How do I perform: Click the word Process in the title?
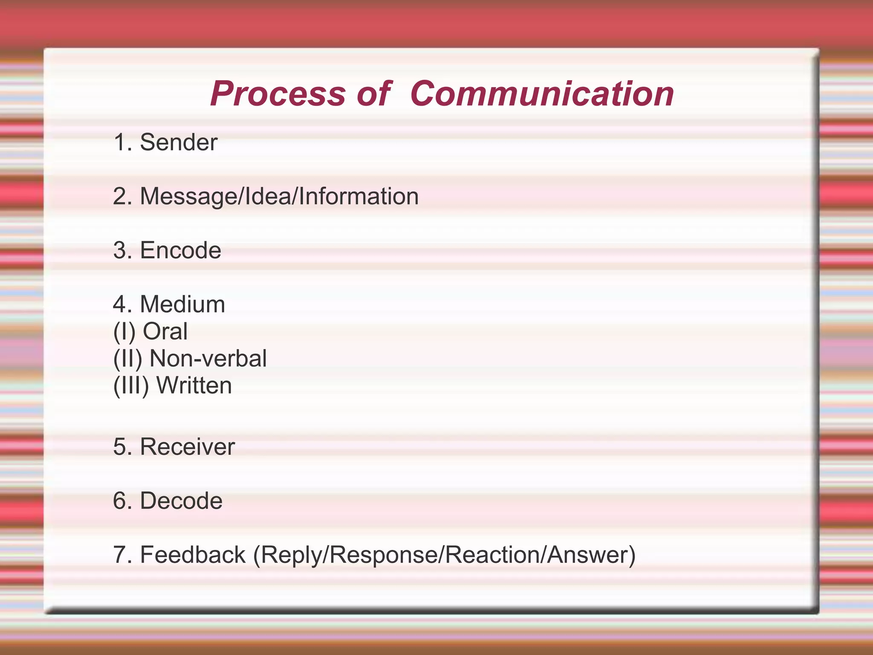pyautogui.click(x=278, y=94)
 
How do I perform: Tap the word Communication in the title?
pyautogui.click(x=542, y=94)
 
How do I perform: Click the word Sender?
pyautogui.click(x=179, y=142)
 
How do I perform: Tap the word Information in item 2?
pyautogui.click(x=358, y=197)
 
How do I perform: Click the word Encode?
pyautogui.click(x=180, y=250)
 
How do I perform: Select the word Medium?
pyautogui.click(x=182, y=304)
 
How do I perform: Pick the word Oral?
pyautogui.click(x=165, y=331)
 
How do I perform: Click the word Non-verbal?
pyautogui.click(x=208, y=359)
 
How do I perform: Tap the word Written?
pyautogui.click(x=194, y=385)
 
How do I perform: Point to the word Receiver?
pyautogui.click(x=187, y=447)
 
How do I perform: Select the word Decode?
pyautogui.click(x=181, y=501)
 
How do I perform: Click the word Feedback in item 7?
pyautogui.click(x=193, y=555)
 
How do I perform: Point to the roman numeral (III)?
pyautogui.click(x=131, y=385)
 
